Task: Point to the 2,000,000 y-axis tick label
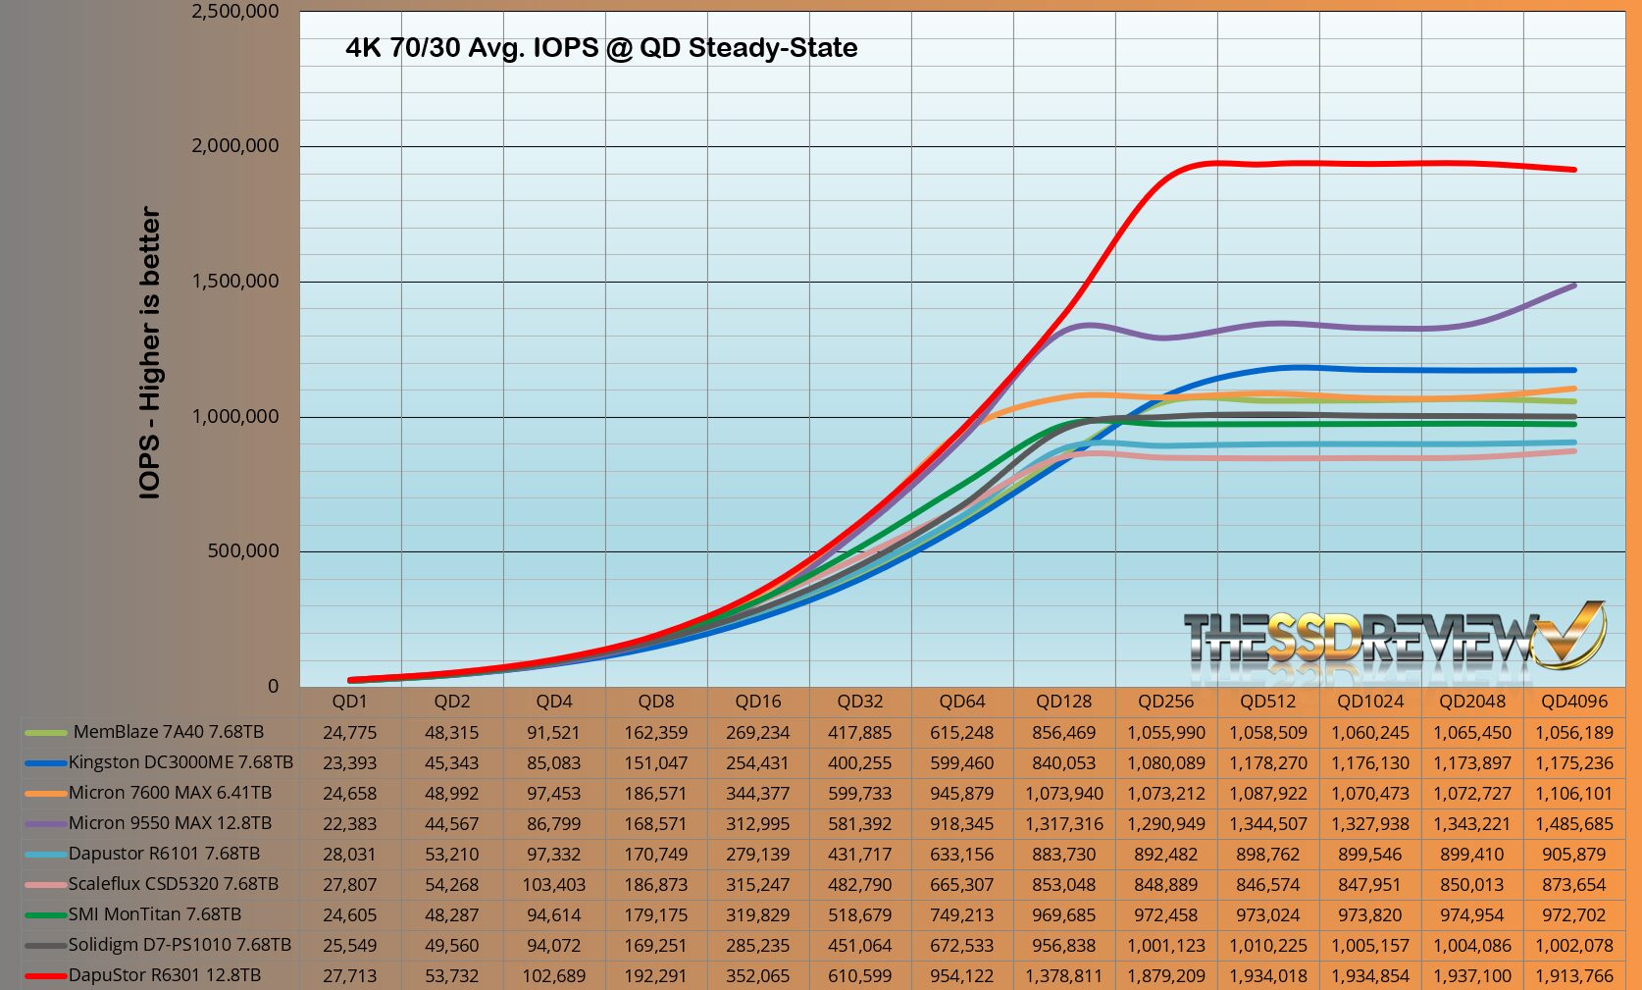234,146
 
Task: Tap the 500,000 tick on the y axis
242,551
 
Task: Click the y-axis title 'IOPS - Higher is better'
150,353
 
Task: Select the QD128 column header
1063,702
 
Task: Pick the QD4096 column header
1573,702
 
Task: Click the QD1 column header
349,702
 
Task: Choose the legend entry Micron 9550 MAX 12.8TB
170,823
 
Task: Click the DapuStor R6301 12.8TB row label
164,975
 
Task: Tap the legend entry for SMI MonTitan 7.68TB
154,914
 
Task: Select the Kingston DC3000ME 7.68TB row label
180,762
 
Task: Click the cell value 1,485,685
1573,824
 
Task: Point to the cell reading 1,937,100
1471,976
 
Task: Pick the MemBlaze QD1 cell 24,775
349,733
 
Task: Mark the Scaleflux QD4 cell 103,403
553,885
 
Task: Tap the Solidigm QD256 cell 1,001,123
1165,946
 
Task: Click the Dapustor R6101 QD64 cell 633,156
961,855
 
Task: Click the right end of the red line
1574,170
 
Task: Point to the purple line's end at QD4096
1574,286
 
